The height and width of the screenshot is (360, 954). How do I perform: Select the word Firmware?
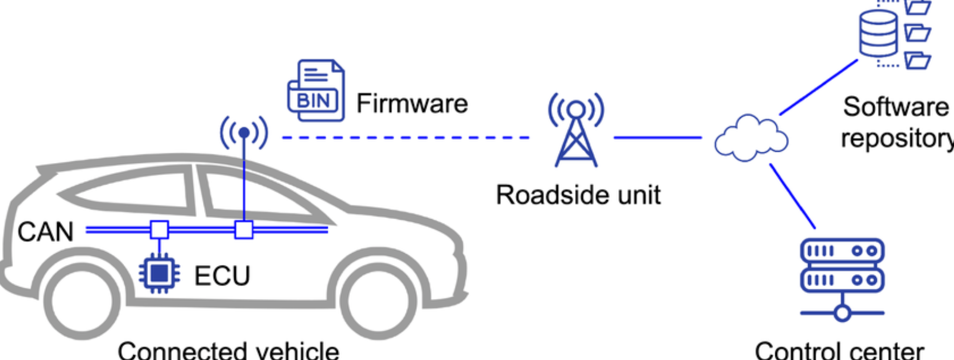pyautogui.click(x=412, y=103)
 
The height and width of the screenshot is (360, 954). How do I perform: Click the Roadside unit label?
pyautogui.click(x=578, y=195)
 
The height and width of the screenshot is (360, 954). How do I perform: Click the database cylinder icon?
pyautogui.click(x=878, y=32)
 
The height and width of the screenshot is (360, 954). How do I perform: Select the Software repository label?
pyautogui.click(x=896, y=122)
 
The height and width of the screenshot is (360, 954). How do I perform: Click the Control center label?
pyautogui.click(x=839, y=350)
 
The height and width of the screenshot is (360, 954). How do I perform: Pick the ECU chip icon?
pyautogui.click(x=159, y=274)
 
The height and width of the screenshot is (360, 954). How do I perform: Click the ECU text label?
pyautogui.click(x=222, y=276)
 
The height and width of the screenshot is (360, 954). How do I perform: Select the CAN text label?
pyautogui.click(x=45, y=232)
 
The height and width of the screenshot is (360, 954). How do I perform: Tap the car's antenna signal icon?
pyautogui.click(x=244, y=132)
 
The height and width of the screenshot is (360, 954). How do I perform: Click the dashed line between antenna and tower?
pyautogui.click(x=405, y=138)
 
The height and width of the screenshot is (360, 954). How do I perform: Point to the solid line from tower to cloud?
pyautogui.click(x=658, y=138)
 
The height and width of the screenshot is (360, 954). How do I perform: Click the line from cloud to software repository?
pyautogui.click(x=818, y=87)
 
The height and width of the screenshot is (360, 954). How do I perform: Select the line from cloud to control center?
pyautogui.click(x=792, y=195)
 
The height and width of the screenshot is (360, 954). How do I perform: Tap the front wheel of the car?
pyautogui.click(x=378, y=300)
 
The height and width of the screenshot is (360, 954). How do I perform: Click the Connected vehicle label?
pyautogui.click(x=228, y=350)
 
